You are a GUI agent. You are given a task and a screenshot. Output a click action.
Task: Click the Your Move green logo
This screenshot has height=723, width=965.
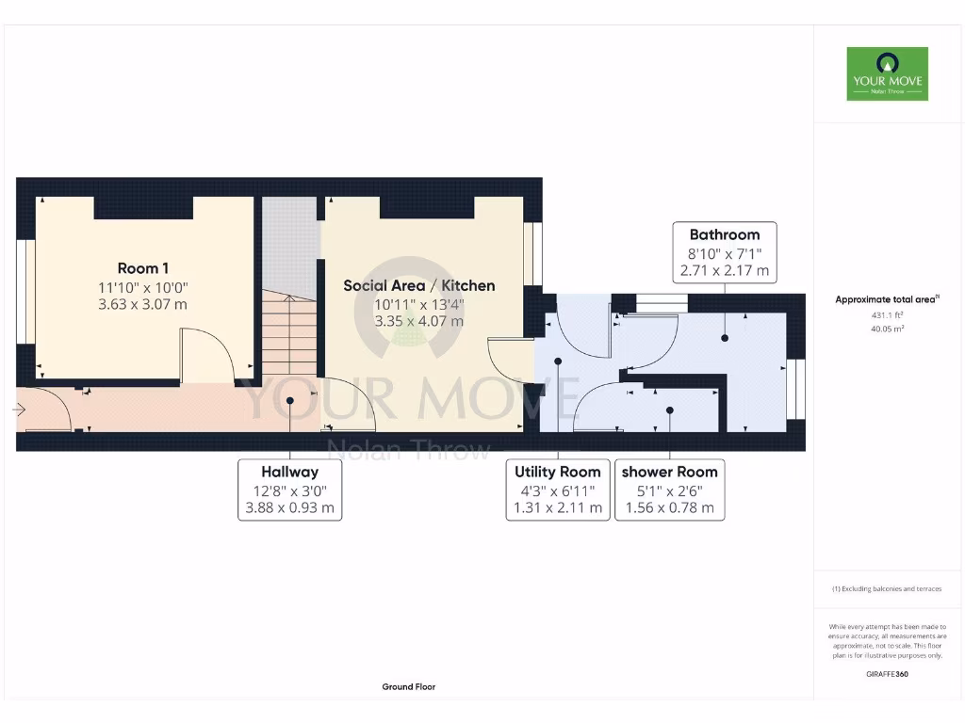pyautogui.click(x=887, y=73)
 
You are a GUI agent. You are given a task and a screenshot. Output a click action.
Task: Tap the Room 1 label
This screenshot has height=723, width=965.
pyautogui.click(x=143, y=268)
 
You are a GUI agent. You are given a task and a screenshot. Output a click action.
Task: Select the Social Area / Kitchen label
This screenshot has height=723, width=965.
pyautogui.click(x=418, y=285)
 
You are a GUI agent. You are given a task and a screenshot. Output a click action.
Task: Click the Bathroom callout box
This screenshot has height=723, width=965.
pyautogui.click(x=724, y=252)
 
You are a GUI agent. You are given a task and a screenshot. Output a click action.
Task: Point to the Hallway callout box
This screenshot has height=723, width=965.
pyautogui.click(x=289, y=490)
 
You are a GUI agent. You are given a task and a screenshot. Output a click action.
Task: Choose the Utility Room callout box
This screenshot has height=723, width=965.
pyautogui.click(x=558, y=490)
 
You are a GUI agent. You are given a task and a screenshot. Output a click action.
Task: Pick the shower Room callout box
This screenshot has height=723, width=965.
pyautogui.click(x=669, y=490)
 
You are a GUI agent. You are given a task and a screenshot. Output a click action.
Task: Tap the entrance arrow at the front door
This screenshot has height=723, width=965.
pyautogui.click(x=19, y=410)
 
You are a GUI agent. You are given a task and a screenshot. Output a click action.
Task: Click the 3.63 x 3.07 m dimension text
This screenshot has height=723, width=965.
pyautogui.click(x=143, y=304)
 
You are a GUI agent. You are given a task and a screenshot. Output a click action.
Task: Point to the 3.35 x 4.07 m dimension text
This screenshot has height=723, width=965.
pyautogui.click(x=418, y=321)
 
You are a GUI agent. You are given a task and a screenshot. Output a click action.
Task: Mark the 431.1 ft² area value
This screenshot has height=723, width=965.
pyautogui.click(x=886, y=316)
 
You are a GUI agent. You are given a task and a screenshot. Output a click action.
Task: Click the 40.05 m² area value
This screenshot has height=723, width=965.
pyautogui.click(x=886, y=329)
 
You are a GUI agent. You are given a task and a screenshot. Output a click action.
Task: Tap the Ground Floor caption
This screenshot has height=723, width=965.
pyautogui.click(x=408, y=687)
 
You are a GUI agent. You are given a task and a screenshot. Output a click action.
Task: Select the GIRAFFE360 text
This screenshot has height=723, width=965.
pyautogui.click(x=887, y=674)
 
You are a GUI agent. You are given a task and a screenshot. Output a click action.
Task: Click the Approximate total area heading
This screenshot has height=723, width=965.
pyautogui.click(x=886, y=299)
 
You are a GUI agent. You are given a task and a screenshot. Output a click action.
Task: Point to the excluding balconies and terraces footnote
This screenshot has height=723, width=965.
pyautogui.click(x=886, y=589)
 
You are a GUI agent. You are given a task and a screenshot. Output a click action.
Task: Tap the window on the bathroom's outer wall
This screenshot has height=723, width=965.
pyautogui.click(x=797, y=390)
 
